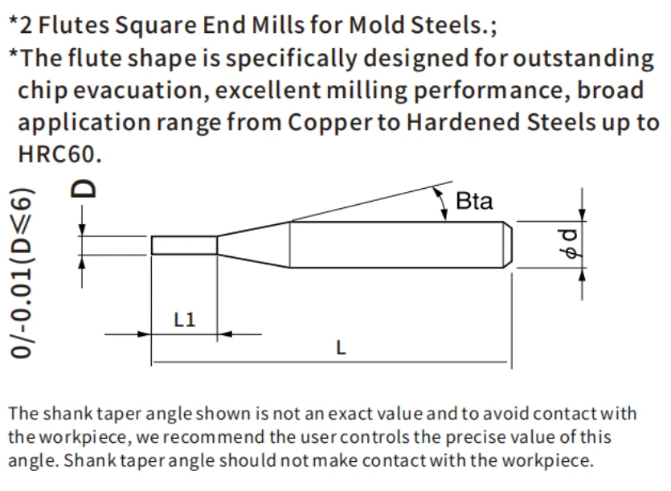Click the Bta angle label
(474, 201)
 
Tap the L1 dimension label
(185, 320)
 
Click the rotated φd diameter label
(571, 243)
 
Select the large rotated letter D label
(83, 188)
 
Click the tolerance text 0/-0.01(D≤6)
(21, 272)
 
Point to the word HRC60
(60, 154)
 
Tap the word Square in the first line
(155, 25)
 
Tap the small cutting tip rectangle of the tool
(184, 245)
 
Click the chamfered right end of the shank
(508, 244)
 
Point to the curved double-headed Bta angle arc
(440, 203)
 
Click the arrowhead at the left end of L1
(144, 334)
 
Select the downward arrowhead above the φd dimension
(582, 215)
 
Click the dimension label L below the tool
(341, 348)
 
